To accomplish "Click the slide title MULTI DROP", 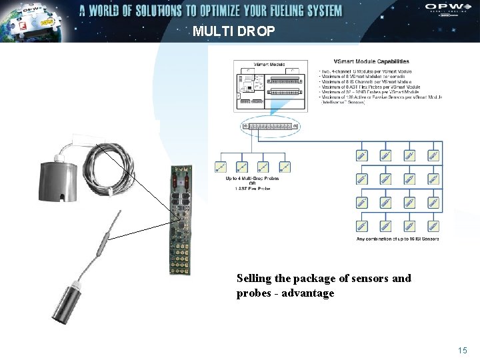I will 233,31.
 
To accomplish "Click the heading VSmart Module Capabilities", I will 367,61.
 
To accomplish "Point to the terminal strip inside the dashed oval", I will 271,126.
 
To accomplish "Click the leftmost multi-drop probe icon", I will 220,167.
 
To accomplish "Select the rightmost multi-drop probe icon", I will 285,167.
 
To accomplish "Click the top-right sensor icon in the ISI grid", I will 434,155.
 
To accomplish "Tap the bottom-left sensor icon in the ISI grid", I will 361,227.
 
